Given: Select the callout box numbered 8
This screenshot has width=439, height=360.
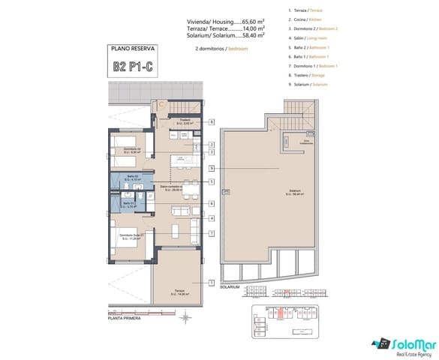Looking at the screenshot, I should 213,122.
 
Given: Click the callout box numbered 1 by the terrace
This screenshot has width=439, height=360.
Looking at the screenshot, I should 213,282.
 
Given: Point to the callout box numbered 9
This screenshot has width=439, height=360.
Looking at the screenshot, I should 213,168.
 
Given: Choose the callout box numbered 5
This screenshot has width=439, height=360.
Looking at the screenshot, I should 213,181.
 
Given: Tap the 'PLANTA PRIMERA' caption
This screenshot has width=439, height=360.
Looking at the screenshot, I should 104,319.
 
